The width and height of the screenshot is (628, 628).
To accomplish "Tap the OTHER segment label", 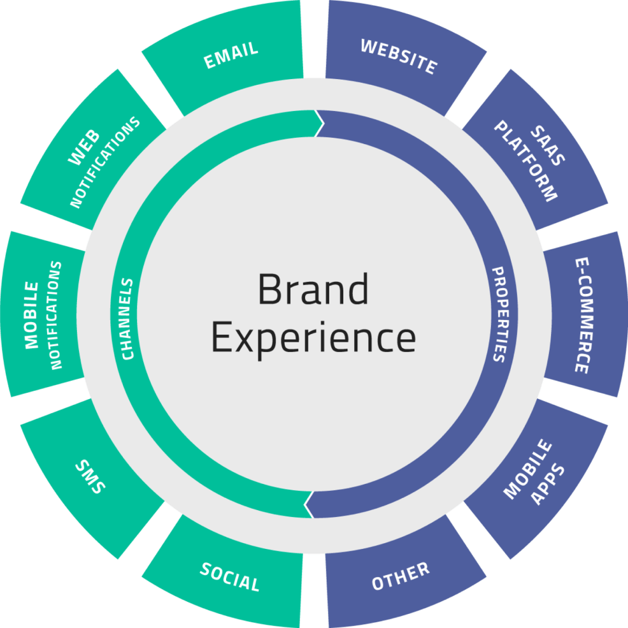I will pyautogui.click(x=401, y=576).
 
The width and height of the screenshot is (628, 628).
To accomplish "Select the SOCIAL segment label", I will pyautogui.click(x=230, y=576).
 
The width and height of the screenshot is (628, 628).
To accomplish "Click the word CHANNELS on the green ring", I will pyautogui.click(x=127, y=319).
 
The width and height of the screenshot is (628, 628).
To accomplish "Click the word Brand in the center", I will pyautogui.click(x=313, y=289).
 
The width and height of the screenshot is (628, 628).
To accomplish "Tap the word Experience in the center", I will pyautogui.click(x=313, y=337).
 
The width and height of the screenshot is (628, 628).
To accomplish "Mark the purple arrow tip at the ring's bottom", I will pyautogui.click(x=306, y=505).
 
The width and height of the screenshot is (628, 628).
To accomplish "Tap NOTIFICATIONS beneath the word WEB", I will pyautogui.click(x=105, y=163).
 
